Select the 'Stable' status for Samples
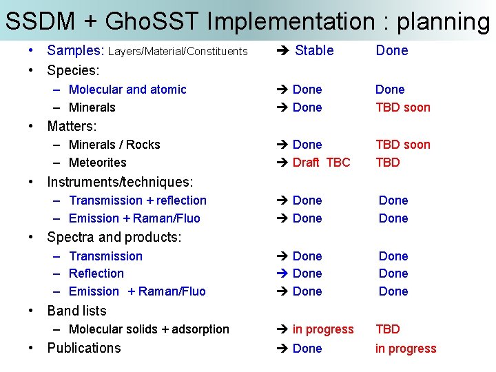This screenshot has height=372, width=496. point(314,50)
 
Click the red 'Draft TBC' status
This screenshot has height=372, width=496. point(321,163)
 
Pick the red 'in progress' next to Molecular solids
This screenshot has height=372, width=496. point(322,329)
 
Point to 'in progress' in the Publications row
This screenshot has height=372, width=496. point(406,349)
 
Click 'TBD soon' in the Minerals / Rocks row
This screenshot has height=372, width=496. point(402,145)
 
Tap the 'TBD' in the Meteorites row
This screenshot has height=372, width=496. point(387,163)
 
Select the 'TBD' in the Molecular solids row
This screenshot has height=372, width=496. point(387,329)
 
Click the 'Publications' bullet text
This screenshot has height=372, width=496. point(83,348)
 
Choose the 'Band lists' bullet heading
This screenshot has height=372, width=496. point(76,311)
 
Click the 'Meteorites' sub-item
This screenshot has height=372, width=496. point(98,163)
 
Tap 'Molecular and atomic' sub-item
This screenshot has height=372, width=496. point(127,90)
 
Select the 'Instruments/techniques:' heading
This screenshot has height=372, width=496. point(120,182)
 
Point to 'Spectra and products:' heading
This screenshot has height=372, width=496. point(114,238)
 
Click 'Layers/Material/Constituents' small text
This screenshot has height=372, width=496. point(178,51)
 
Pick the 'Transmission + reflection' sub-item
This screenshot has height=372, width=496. point(138,200)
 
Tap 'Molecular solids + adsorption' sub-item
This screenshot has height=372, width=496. point(149,329)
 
